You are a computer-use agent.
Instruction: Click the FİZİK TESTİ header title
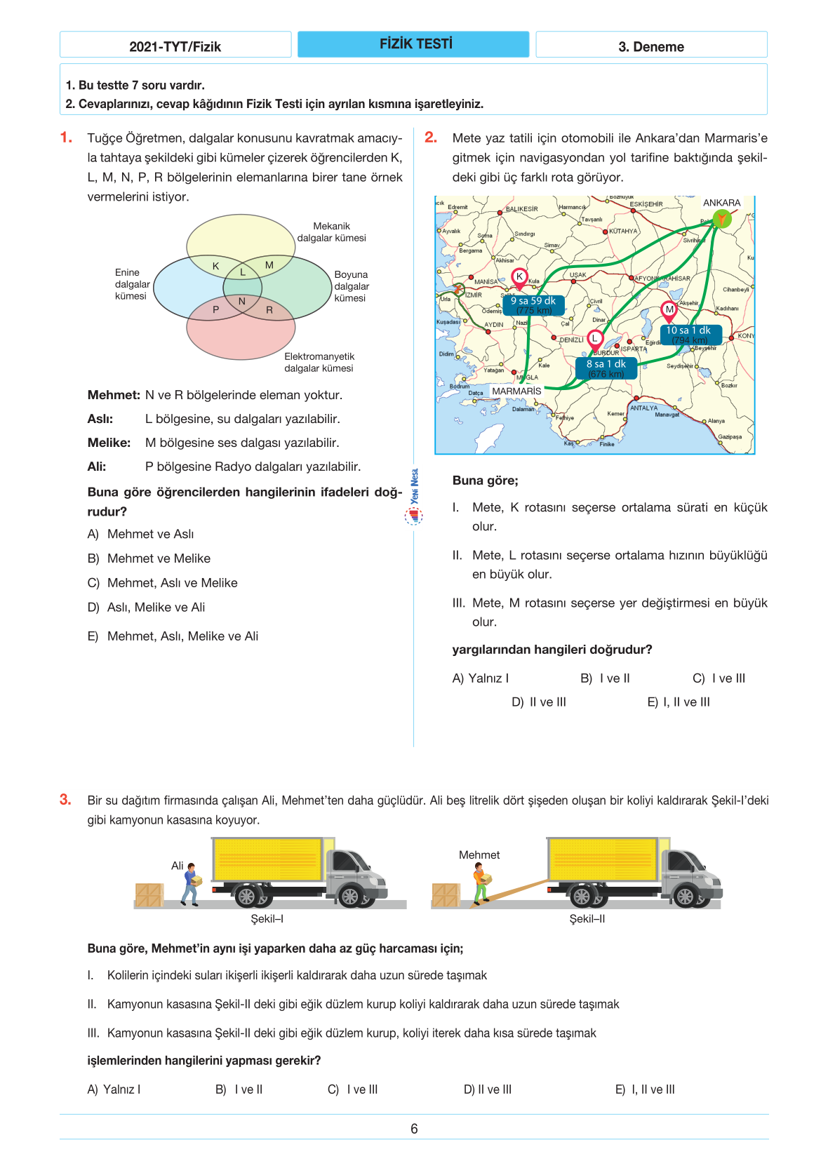pyautogui.click(x=415, y=44)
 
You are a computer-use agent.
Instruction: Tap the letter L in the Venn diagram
pyautogui.click(x=243, y=272)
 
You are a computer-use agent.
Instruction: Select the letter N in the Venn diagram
pyautogui.click(x=242, y=302)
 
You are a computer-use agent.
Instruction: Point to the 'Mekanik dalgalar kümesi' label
pyautogui.click(x=331, y=232)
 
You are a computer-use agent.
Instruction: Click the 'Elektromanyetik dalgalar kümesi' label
pyautogui.click(x=319, y=362)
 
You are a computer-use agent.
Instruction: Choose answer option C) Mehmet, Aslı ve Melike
pyautogui.click(x=172, y=583)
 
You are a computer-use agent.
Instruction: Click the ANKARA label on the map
pyautogui.click(x=721, y=203)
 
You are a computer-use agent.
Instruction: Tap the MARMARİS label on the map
pyautogui.click(x=516, y=391)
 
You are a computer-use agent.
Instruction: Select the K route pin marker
pyautogui.click(x=519, y=277)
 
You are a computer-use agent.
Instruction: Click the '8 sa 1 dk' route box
pyautogui.click(x=606, y=368)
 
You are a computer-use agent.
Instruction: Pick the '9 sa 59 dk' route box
pyautogui.click(x=533, y=305)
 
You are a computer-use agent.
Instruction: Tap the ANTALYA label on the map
pyautogui.click(x=643, y=408)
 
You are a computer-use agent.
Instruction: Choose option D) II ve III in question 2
pyautogui.click(x=539, y=702)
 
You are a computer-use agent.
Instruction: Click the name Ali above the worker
pyautogui.click(x=178, y=866)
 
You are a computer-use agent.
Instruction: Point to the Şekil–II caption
pyautogui.click(x=587, y=919)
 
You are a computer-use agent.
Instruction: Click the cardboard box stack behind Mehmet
pyautogui.click(x=446, y=895)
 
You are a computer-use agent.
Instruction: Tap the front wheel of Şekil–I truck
pyautogui.click(x=349, y=896)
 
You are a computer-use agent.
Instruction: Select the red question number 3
pyautogui.click(x=65, y=800)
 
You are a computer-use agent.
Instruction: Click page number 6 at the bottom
pyautogui.click(x=414, y=1129)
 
